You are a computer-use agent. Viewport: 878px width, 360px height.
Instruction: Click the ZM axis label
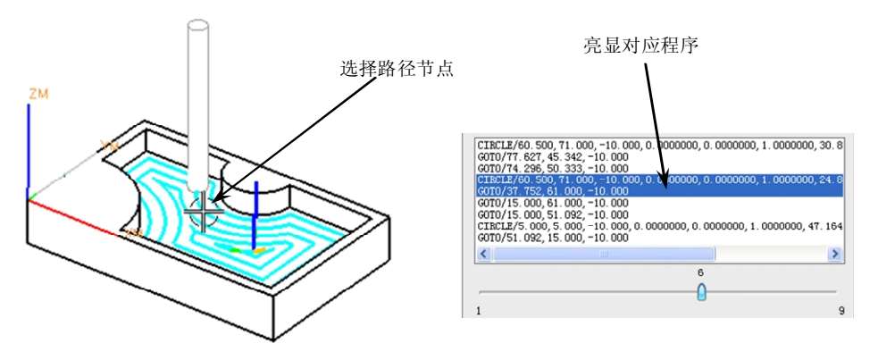click(38, 93)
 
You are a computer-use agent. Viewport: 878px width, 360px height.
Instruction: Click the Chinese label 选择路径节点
click(397, 69)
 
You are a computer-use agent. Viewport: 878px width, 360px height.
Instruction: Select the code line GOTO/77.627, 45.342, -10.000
click(552, 156)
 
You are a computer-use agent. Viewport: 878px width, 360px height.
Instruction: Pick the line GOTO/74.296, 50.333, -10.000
click(552, 168)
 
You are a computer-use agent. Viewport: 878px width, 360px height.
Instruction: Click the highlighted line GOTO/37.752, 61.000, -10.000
click(552, 191)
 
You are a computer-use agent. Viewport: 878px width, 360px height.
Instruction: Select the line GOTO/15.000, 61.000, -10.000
click(552, 203)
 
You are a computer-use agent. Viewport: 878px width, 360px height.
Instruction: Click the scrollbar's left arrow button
click(484, 255)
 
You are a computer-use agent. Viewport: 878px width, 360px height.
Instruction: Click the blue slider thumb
click(701, 292)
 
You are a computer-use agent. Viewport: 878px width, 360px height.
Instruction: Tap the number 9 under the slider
click(840, 311)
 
